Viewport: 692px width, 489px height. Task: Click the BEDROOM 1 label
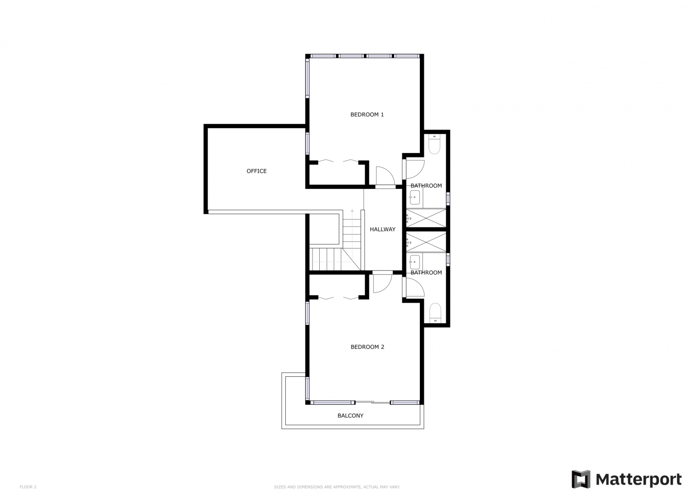[367, 115]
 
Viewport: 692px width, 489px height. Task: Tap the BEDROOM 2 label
[367, 347]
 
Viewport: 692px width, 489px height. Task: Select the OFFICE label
[256, 171]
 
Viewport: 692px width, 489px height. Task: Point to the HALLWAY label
[382, 229]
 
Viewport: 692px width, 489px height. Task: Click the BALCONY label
[351, 416]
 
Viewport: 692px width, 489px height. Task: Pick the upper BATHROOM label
[426, 186]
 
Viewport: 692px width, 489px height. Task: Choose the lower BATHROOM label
[426, 273]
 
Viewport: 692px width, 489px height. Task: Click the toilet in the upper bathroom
[434, 144]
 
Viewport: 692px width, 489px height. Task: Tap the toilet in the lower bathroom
[435, 313]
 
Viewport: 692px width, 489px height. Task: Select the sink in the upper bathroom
[414, 197]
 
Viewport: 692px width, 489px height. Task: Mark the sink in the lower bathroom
[414, 262]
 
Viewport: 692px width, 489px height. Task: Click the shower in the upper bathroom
[426, 218]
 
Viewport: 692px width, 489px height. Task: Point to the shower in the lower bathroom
[426, 242]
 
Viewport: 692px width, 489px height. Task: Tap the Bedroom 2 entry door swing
[382, 283]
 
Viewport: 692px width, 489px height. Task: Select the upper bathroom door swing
[415, 170]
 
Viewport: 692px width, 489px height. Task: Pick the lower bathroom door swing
[415, 288]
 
